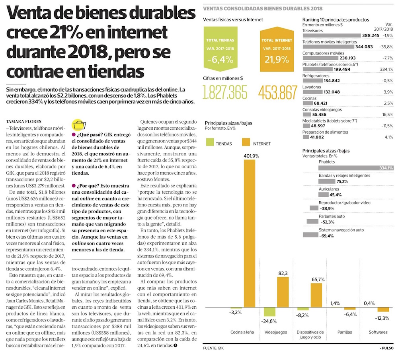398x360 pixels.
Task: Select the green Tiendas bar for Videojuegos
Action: pyautogui.click(x=269, y=312)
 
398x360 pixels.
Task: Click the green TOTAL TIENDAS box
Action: pyautogui.click(x=220, y=51)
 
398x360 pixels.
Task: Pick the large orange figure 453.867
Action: pyautogui.click(x=277, y=93)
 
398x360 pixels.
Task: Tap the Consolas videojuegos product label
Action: pyautogui.click(x=322, y=109)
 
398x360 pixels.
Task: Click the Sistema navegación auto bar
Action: pyautogui.click(x=310, y=235)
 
